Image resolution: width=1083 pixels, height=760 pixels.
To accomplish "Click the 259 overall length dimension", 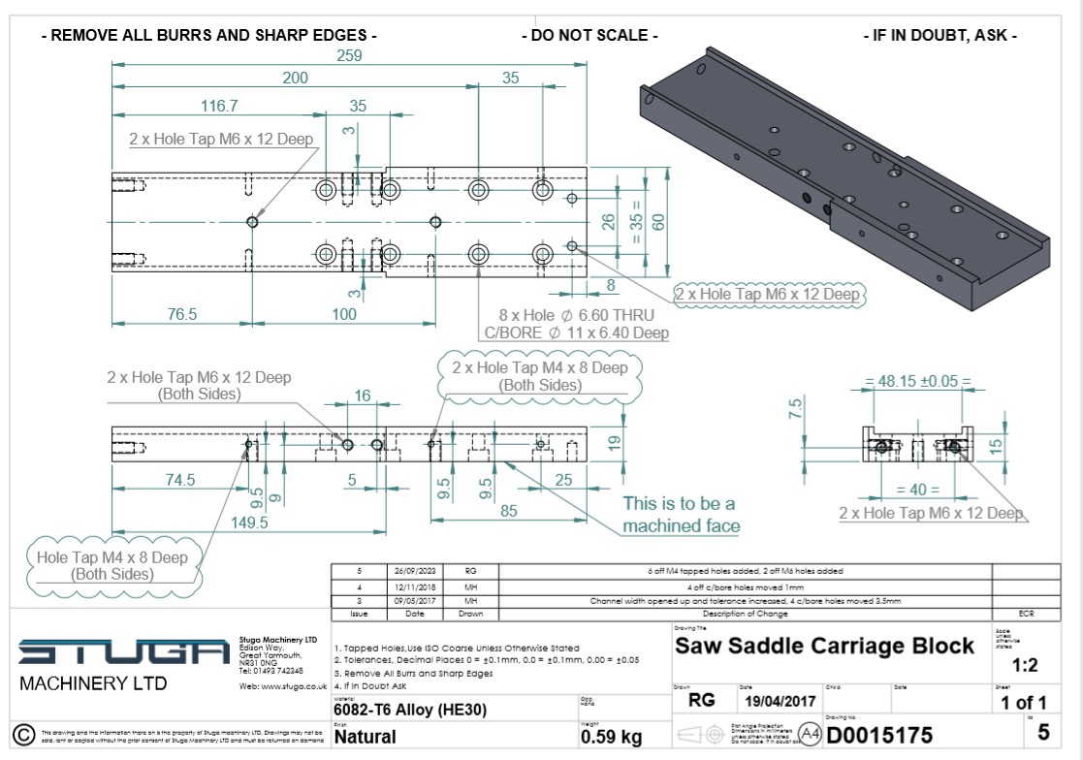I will pyautogui.click(x=348, y=55).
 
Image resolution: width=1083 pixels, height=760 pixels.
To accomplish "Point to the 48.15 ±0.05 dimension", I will pyautogui.click(x=917, y=381).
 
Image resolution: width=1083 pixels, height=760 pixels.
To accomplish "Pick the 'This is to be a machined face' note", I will pyautogui.click(x=681, y=515).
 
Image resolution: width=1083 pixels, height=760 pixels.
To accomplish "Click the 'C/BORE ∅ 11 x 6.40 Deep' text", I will pyautogui.click(x=576, y=333).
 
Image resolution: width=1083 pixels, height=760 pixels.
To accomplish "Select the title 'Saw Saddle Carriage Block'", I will pyautogui.click(x=824, y=646).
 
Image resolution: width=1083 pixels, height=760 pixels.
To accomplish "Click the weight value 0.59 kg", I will pyautogui.click(x=611, y=738).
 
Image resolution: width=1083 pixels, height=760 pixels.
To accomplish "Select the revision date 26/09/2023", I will pyautogui.click(x=415, y=571).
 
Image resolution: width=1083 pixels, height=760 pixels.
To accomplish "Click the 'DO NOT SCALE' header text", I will pyautogui.click(x=589, y=36).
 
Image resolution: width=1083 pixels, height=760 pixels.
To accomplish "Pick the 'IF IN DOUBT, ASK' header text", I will pyautogui.click(x=940, y=36).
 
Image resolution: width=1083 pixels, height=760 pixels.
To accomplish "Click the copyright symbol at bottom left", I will pyautogui.click(x=20, y=733).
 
